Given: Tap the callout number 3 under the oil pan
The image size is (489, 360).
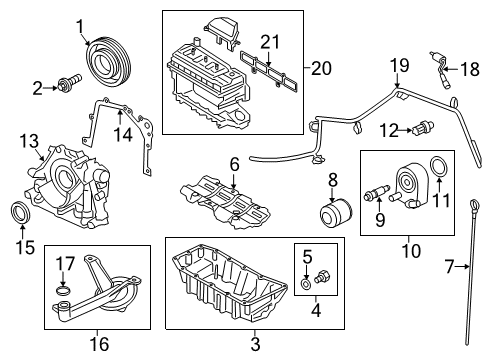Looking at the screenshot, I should point(254,344).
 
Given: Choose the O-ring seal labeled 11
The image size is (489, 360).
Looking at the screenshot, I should point(438,166).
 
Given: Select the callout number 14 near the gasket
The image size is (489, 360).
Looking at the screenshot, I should point(123,132).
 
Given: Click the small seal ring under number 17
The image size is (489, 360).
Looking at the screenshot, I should point(64,292).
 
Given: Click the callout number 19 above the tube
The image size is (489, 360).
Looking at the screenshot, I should point(399,66).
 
